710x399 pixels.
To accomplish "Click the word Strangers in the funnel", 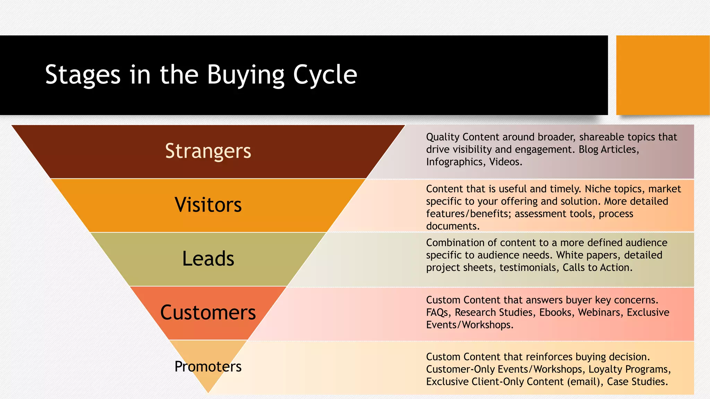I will click(208, 151).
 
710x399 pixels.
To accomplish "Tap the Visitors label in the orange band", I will click(208, 205).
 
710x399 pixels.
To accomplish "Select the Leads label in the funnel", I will click(208, 259).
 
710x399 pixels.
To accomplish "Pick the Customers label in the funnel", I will click(208, 312).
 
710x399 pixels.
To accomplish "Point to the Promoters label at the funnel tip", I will click(208, 366).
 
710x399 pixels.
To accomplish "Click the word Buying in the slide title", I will click(245, 75).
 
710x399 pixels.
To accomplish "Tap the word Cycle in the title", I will click(325, 75).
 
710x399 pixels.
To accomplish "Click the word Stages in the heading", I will click(83, 75).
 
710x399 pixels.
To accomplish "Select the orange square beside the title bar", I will click(663, 75).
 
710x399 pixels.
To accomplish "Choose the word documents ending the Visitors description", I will click(452, 226).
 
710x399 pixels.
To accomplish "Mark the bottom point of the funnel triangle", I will click(208, 392).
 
